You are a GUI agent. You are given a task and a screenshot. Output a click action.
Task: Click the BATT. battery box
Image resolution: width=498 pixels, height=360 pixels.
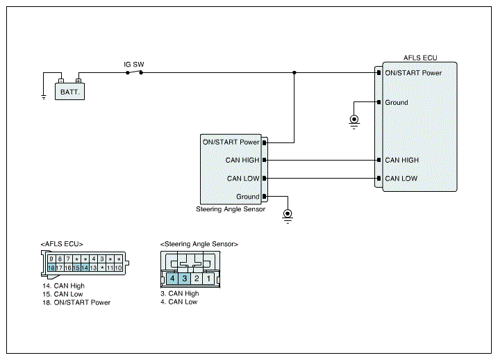[x=69, y=92]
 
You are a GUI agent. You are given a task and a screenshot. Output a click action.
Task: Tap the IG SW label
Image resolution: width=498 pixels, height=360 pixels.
[x=134, y=65]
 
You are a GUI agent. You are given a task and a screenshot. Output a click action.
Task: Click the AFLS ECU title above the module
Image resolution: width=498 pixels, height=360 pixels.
[x=420, y=58]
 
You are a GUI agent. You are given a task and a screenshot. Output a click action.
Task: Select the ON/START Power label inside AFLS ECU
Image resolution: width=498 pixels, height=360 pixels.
[x=413, y=73]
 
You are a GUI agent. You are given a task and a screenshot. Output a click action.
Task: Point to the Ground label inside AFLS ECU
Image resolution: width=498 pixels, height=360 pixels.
[x=397, y=102]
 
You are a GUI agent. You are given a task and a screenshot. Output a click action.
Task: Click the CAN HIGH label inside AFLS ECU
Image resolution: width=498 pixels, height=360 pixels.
[x=401, y=160]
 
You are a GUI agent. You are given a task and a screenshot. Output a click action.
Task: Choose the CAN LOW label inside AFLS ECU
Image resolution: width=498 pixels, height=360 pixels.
[x=401, y=179]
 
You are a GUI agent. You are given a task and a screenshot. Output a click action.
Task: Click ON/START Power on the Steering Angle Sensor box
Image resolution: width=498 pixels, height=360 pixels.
[x=231, y=142]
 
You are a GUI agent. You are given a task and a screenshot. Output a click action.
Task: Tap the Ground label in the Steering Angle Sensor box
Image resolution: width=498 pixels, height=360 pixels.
[x=248, y=197]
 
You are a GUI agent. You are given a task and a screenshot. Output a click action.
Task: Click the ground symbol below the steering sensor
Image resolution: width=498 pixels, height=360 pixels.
[x=288, y=215]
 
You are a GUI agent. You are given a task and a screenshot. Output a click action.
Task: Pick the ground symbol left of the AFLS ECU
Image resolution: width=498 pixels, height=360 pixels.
[x=354, y=122]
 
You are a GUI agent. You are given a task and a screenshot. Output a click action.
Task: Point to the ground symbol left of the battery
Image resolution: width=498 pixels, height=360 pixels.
[x=44, y=97]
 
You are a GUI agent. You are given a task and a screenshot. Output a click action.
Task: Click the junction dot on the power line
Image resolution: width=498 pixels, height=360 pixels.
[x=294, y=73]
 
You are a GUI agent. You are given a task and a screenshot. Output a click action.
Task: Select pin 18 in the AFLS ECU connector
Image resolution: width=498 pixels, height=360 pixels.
[x=51, y=268]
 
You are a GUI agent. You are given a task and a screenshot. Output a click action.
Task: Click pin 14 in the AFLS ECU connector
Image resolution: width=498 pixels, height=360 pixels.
[x=85, y=268]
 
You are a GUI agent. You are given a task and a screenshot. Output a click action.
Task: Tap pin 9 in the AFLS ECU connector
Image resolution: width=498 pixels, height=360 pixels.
[x=51, y=259]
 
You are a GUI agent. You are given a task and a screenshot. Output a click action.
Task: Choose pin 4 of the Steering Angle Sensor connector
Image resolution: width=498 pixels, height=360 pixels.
[x=172, y=279]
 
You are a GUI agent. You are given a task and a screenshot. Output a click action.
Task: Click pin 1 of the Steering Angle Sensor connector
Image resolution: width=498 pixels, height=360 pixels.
[x=208, y=279]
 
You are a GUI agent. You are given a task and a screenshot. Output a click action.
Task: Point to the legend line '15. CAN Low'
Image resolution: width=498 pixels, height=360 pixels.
[x=63, y=294]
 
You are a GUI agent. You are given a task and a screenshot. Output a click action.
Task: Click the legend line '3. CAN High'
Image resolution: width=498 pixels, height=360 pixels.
[x=180, y=293]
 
